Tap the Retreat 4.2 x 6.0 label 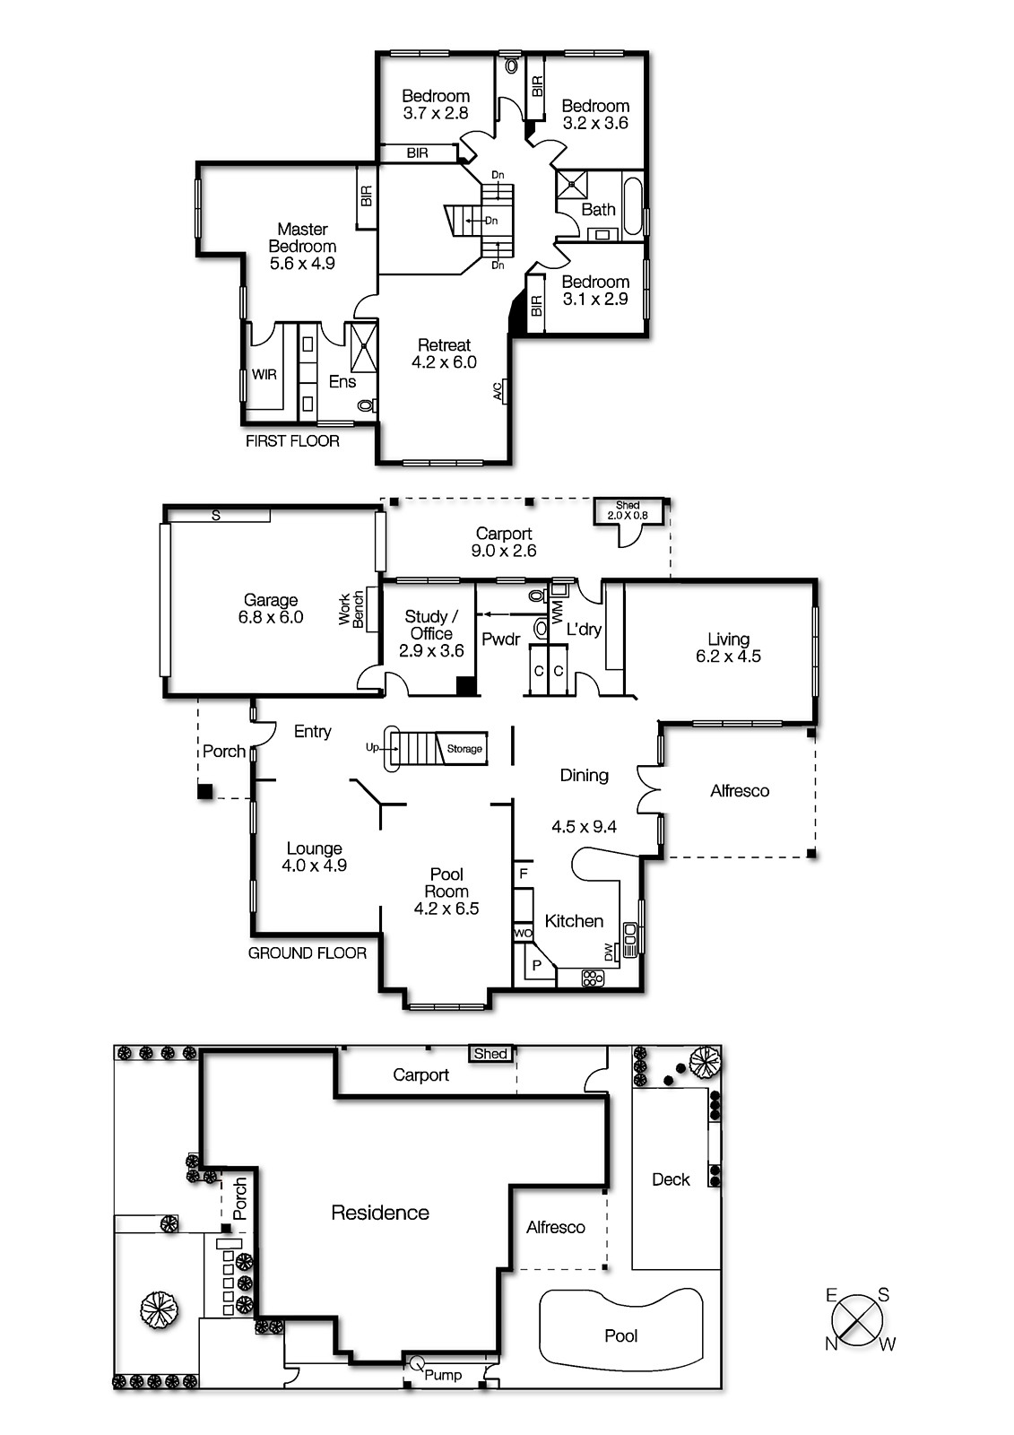pyautogui.click(x=444, y=353)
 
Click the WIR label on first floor pyautogui.click(x=264, y=374)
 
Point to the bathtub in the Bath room pyautogui.click(x=633, y=205)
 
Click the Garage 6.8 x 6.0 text pyautogui.click(x=270, y=609)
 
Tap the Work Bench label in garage pyautogui.click(x=351, y=609)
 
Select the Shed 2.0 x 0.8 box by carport pyautogui.click(x=628, y=511)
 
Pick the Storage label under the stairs pyautogui.click(x=464, y=749)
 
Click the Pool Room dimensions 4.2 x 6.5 pyautogui.click(x=446, y=909)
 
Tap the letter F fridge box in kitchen pyautogui.click(x=524, y=873)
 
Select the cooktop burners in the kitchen pyautogui.click(x=593, y=978)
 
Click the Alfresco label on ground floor pyautogui.click(x=740, y=791)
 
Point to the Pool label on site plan pyautogui.click(x=620, y=1335)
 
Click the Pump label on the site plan pyautogui.click(x=443, y=1375)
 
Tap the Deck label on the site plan pyautogui.click(x=671, y=1179)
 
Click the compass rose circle pyautogui.click(x=857, y=1320)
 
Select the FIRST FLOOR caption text pyautogui.click(x=292, y=440)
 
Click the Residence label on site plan pyautogui.click(x=380, y=1213)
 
